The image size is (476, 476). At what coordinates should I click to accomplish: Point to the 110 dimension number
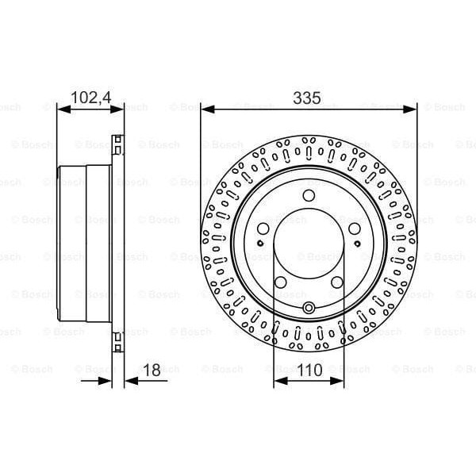point(309,369)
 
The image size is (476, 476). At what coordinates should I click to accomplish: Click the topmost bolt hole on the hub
point(309,201)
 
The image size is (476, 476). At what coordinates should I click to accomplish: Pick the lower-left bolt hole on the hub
point(281,282)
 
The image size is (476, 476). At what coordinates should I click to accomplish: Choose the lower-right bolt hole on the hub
point(337,282)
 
